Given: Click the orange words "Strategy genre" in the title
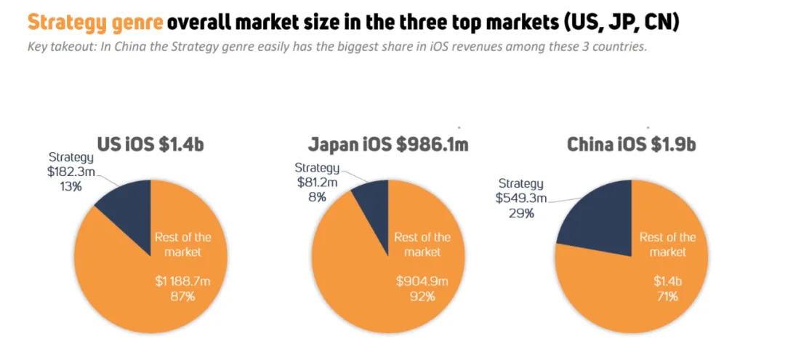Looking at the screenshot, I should pos(94,23).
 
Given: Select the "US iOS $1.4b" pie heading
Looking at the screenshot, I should pos(150,144).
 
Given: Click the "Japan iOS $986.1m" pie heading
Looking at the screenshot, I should pos(387,144).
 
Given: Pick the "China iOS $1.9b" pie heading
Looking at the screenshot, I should pos(631,144).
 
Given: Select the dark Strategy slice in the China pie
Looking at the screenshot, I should pos(600,218).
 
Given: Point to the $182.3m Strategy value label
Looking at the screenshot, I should pos(72,172).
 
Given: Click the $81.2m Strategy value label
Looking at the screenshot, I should pos(317,182).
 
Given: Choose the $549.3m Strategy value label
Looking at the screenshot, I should pos(521,198).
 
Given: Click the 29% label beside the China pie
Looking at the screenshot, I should pos(520,213).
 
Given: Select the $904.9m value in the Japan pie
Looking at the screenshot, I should pos(422,281).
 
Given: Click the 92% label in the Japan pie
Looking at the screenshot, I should pos(422,296).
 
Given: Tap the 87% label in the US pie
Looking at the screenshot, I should pos(182,296).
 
